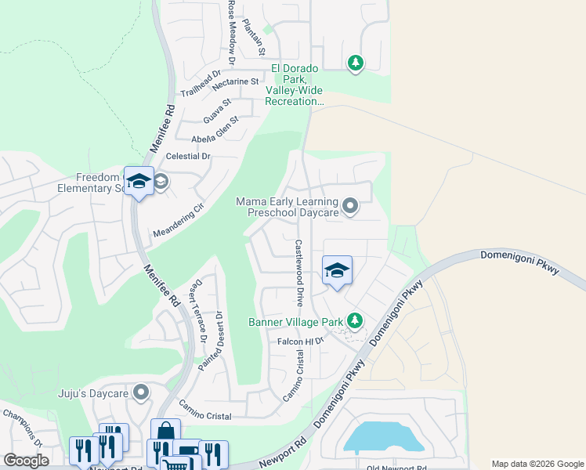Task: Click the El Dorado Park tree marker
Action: point(356,63)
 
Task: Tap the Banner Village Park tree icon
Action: point(355,320)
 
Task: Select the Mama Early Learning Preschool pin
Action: point(350,206)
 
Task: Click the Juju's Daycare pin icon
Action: point(141,391)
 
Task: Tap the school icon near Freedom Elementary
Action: point(139,181)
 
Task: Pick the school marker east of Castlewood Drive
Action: point(337,271)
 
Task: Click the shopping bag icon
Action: point(166,432)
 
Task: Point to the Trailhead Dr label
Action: point(197,88)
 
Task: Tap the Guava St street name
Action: point(217,110)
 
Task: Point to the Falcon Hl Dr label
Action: point(300,342)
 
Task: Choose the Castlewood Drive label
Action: point(299,273)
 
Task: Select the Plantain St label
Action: point(254,37)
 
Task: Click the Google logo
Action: point(26,461)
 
